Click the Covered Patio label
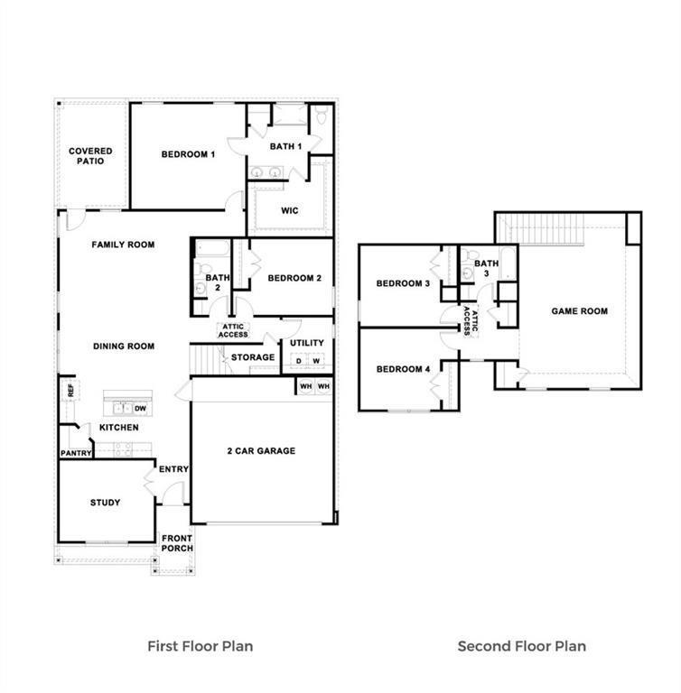pyautogui.click(x=90, y=156)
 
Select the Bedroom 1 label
pyautogui.click(x=188, y=154)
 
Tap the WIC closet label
pyautogui.click(x=290, y=210)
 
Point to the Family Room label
pyautogui.click(x=123, y=245)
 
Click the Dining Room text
pyautogui.click(x=123, y=346)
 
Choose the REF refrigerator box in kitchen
pyautogui.click(x=70, y=390)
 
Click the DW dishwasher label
pyautogui.click(x=140, y=408)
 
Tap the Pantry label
pyautogui.click(x=76, y=453)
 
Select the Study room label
pyautogui.click(x=105, y=503)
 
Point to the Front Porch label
pyautogui.click(x=177, y=543)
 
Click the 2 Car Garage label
pyautogui.click(x=260, y=450)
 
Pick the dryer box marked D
pyautogui.click(x=298, y=362)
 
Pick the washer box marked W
pyautogui.click(x=316, y=362)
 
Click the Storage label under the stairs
pyautogui.click(x=253, y=357)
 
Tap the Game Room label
pyautogui.click(x=579, y=311)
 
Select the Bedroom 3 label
pyautogui.click(x=403, y=283)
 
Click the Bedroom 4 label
pyautogui.click(x=403, y=369)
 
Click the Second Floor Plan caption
pyautogui.click(x=521, y=646)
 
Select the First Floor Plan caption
pyautogui.click(x=200, y=646)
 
